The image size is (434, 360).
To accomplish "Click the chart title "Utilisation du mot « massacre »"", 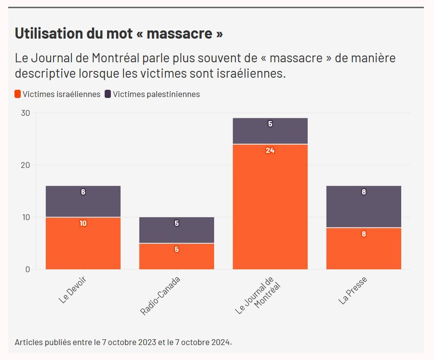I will point(119,34).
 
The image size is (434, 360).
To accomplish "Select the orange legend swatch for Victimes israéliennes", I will point(18,94).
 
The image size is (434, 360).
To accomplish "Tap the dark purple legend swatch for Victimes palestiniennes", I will point(108,94).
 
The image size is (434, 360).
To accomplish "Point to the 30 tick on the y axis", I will point(25,113).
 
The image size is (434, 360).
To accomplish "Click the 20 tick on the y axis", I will point(25,165).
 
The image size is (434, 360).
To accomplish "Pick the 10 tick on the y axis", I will point(25,217).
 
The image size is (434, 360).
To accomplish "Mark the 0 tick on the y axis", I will point(27,269).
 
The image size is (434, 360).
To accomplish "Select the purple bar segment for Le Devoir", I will point(83,201).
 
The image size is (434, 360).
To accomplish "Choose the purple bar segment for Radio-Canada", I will point(176,230).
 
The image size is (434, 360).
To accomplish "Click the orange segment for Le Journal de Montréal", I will point(270,208).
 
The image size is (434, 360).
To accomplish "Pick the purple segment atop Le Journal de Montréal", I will point(270,131).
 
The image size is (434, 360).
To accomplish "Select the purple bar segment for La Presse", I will point(364,206).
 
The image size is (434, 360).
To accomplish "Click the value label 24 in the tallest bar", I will point(270,151).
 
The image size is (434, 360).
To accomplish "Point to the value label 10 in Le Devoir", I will point(83,223).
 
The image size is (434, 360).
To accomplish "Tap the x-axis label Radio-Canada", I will point(161,296).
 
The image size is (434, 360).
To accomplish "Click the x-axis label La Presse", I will point(353,290).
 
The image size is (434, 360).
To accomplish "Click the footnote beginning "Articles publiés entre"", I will point(123,342).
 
